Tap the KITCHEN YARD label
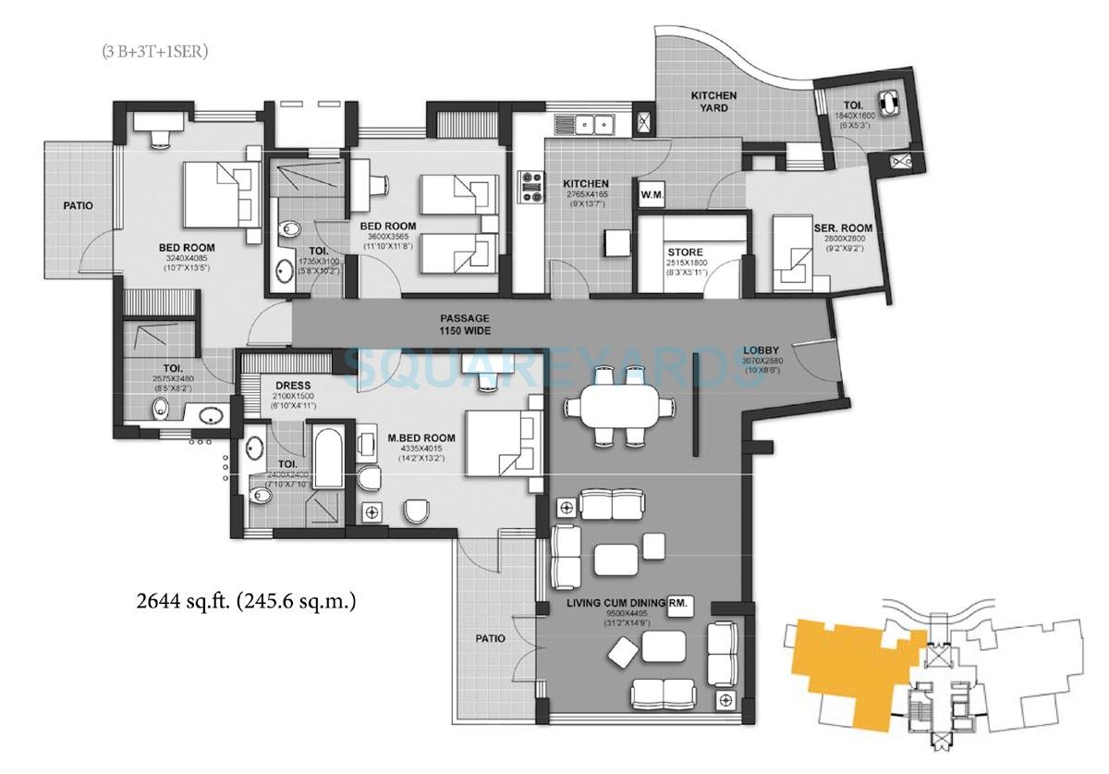[x=713, y=102]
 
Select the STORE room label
[x=685, y=252]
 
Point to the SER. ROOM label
[x=843, y=228]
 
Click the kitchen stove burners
[x=532, y=185]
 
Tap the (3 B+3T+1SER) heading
[x=155, y=53]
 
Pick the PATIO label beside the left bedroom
[x=78, y=205]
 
